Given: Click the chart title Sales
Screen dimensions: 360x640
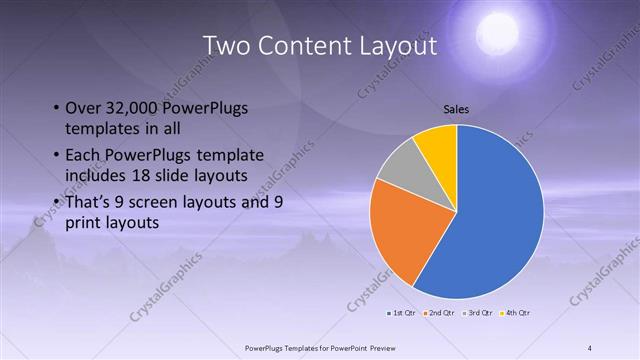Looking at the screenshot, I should click(456, 110).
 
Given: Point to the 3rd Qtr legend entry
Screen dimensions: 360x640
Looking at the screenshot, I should click(476, 313).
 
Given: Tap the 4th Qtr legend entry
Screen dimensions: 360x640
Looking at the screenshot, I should click(513, 313).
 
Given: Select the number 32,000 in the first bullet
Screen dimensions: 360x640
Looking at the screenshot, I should click(139, 108).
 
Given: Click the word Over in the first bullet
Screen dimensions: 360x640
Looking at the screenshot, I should click(83, 108).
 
